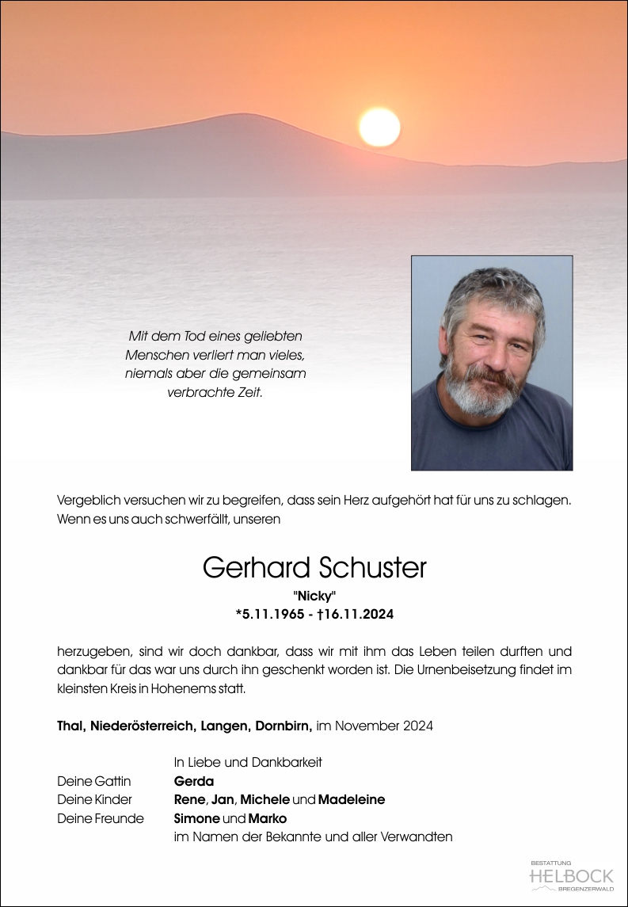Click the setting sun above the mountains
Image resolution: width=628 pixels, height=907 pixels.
pyautogui.click(x=379, y=127)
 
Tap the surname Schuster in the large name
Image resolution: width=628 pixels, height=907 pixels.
pyautogui.click(x=372, y=567)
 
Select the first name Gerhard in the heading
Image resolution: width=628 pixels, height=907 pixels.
pyautogui.click(x=257, y=567)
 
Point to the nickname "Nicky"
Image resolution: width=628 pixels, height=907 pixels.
pyautogui.click(x=314, y=596)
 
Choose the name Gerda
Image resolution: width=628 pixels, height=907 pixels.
pyautogui.click(x=194, y=780)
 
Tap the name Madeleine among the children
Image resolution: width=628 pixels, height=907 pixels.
pyautogui.click(x=352, y=799)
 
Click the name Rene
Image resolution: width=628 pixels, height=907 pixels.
pyautogui.click(x=189, y=799)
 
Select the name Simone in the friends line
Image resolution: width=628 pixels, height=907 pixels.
pyautogui.click(x=196, y=818)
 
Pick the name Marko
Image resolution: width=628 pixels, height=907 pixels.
pyautogui.click(x=268, y=818)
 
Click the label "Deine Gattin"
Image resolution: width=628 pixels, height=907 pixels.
pyautogui.click(x=93, y=780)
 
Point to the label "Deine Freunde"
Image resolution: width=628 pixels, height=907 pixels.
pyautogui.click(x=101, y=818)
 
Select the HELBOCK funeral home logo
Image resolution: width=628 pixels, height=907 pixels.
pyautogui.click(x=571, y=875)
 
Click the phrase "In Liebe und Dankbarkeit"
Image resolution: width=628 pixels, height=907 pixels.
pyautogui.click(x=248, y=762)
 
